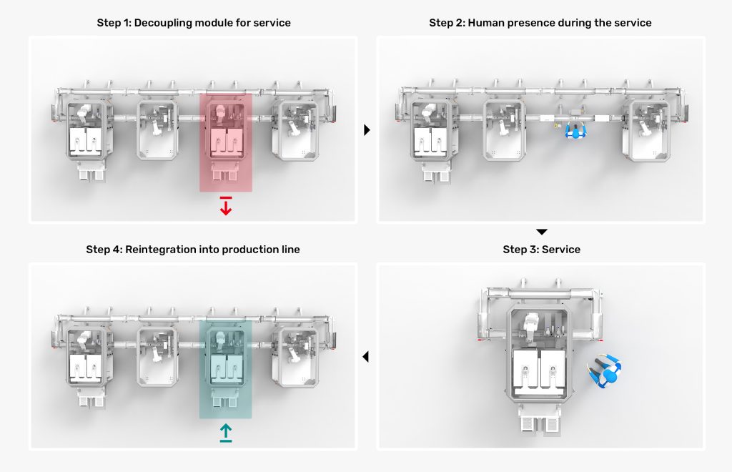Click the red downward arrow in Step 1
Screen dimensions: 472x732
[x=226, y=206]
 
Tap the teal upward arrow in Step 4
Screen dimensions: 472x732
[x=226, y=433]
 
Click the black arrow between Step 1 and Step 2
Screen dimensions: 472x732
[x=367, y=130]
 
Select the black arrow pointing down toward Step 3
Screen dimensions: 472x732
[x=542, y=232]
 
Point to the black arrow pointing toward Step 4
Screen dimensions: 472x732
[x=366, y=356]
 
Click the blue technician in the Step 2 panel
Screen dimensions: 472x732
[x=573, y=130]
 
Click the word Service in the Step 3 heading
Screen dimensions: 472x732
[x=561, y=250]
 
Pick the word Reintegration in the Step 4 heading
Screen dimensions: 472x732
[x=162, y=250]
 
